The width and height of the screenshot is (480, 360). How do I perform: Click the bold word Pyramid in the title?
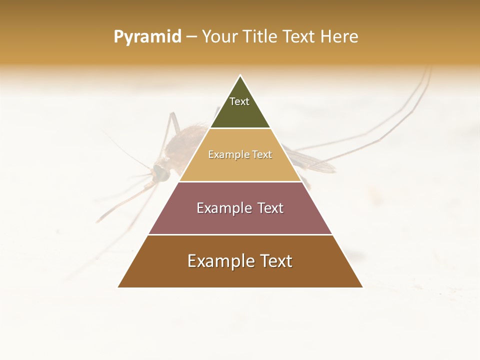point(147,37)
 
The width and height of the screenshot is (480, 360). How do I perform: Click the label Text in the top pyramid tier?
point(239,101)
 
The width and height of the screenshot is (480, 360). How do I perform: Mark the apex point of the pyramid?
point(240,76)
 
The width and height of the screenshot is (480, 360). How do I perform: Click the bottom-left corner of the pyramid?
point(118,287)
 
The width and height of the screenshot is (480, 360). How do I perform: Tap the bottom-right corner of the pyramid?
point(362,287)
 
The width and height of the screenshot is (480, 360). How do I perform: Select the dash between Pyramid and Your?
point(191,37)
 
